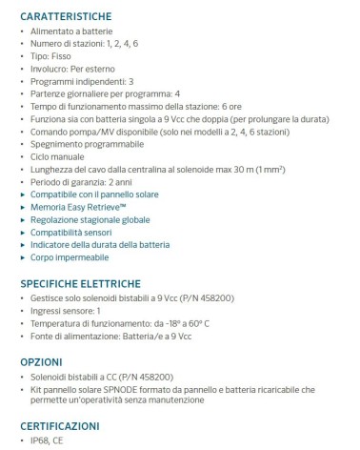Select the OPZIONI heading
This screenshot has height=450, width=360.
(41, 362)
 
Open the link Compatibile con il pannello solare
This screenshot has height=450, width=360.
(91, 194)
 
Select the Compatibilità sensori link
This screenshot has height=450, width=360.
(70, 232)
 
